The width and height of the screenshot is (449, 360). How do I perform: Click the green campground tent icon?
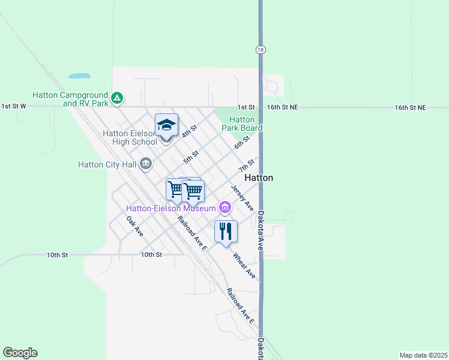pyautogui.click(x=118, y=97)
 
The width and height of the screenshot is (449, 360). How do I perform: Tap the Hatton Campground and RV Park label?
pyautogui.click(x=70, y=99)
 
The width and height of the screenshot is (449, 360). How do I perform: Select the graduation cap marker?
pyautogui.click(x=167, y=125)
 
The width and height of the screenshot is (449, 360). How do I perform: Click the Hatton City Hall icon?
pyautogui.click(x=146, y=164)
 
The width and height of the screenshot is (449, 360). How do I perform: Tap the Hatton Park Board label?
pyautogui.click(x=242, y=124)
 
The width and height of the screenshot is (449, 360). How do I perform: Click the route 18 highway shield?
pyautogui.click(x=260, y=50)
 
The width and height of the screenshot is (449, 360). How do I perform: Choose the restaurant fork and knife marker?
pyautogui.click(x=226, y=231)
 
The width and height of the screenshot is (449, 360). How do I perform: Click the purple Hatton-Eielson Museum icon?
pyautogui.click(x=225, y=208)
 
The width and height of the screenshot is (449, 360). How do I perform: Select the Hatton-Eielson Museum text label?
pyautogui.click(x=170, y=208)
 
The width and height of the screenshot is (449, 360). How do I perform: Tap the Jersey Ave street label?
pyautogui.click(x=242, y=197)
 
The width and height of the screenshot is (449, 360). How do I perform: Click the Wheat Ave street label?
pyautogui.click(x=244, y=265)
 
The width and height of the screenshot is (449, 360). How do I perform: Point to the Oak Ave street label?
pyautogui.click(x=135, y=226)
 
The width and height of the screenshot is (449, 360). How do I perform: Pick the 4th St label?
pyautogui.click(x=190, y=130)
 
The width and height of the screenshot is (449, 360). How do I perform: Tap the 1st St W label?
pyautogui.click(x=14, y=106)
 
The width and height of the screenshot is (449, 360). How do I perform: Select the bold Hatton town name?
pyautogui.click(x=259, y=178)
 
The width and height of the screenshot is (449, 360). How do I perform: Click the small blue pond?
pyautogui.click(x=79, y=76)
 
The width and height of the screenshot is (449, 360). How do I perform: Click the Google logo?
pyautogui.click(x=20, y=353)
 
